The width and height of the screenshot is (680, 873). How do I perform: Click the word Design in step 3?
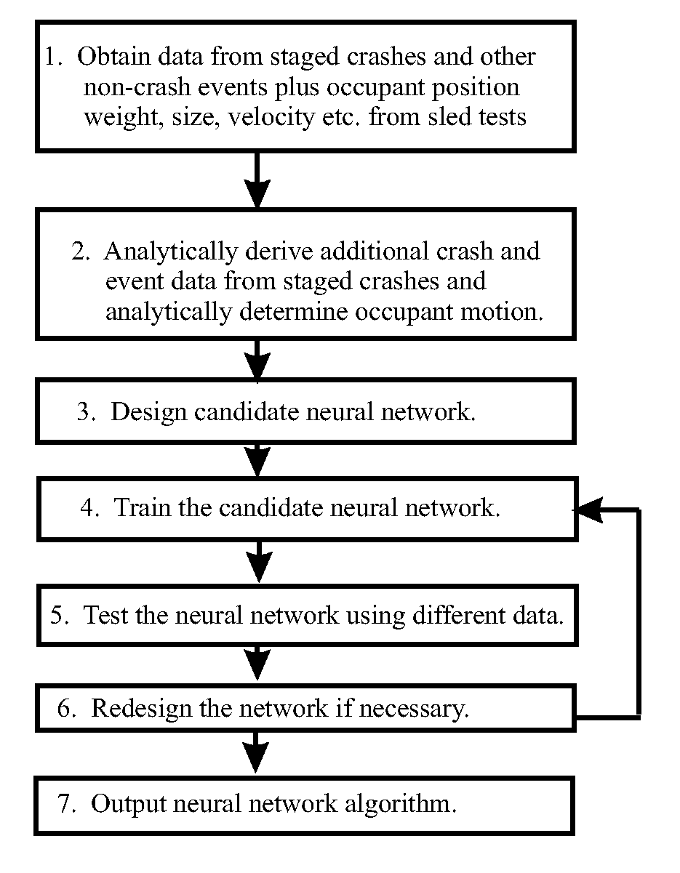pyautogui.click(x=148, y=413)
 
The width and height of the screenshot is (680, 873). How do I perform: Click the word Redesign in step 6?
pyautogui.click(x=142, y=708)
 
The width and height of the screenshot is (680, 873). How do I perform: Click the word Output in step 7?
pyautogui.click(x=129, y=804)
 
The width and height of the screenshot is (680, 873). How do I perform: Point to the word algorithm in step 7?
pyautogui.click(x=401, y=804)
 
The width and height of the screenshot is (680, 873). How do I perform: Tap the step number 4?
pyautogui.click(x=89, y=507)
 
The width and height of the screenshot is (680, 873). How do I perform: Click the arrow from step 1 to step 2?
pyautogui.click(x=257, y=180)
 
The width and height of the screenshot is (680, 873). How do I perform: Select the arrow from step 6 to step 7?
pyautogui.click(x=256, y=752)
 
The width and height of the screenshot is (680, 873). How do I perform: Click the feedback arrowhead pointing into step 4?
pyautogui.click(x=590, y=510)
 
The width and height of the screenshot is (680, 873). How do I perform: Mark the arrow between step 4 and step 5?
pyautogui.click(x=259, y=561)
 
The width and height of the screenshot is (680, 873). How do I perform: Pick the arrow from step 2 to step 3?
pyautogui.click(x=257, y=360)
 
